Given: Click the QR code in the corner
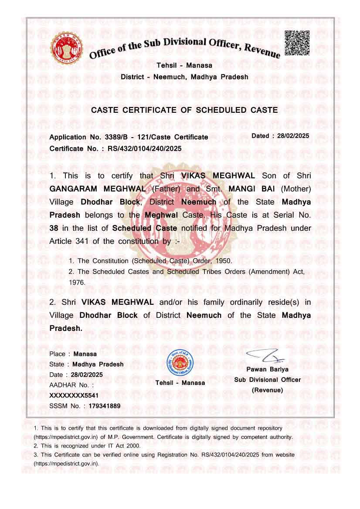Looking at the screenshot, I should [x=297, y=43].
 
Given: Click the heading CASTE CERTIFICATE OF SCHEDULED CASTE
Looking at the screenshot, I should [x=184, y=110].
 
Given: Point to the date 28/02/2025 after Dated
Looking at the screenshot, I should [x=292, y=136].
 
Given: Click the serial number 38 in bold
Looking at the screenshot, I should [x=54, y=228].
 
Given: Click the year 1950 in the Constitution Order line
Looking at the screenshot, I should [x=223, y=261].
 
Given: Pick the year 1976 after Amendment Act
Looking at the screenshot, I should [x=77, y=282].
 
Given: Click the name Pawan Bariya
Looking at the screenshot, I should [x=267, y=369].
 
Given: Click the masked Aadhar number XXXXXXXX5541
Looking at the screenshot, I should [x=74, y=395].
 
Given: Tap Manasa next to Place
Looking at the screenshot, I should [x=85, y=354].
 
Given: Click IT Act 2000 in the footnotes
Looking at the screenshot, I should [x=122, y=446].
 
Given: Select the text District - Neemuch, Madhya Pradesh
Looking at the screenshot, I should [x=184, y=77].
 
